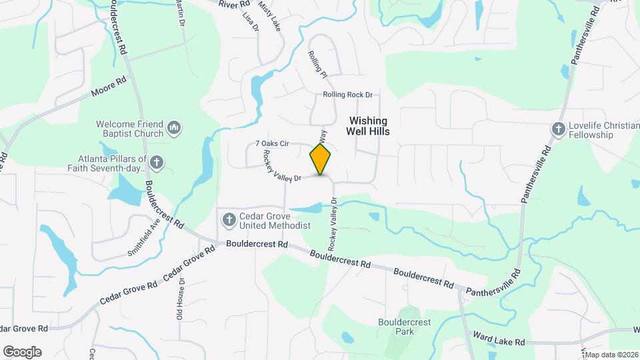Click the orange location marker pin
[321, 159]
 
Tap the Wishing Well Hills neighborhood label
[367, 126]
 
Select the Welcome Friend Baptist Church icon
[175, 127]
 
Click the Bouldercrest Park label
[405, 327]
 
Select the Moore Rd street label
[109, 89]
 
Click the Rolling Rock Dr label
[347, 95]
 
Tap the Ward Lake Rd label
[499, 338]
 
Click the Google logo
[22, 351]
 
